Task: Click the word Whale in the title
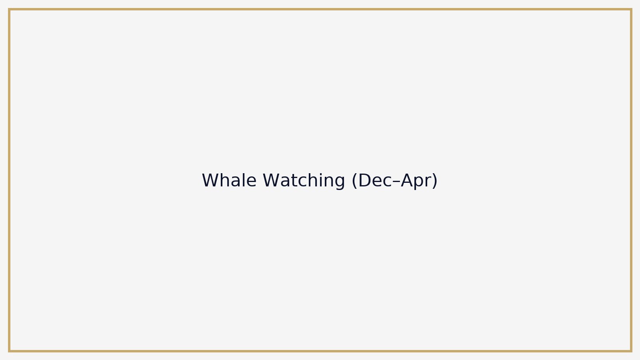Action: coord(229,180)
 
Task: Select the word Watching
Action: coord(304,180)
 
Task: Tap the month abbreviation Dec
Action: coord(376,180)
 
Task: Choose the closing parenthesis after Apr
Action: coord(435,181)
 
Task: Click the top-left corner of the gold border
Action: coord(9,10)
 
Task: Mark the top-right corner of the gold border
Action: coord(631,10)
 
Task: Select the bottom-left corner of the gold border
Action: coord(9,351)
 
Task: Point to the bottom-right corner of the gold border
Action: coord(631,351)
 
